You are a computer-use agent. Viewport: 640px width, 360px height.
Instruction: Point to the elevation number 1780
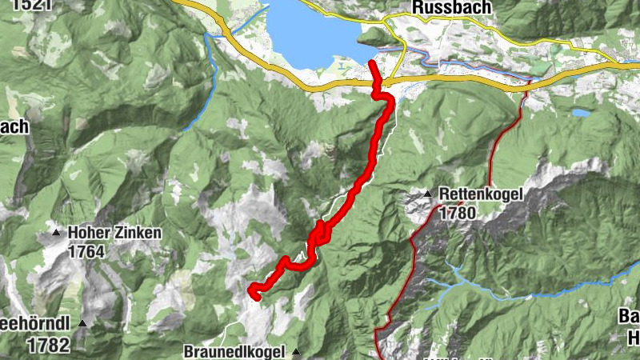click(457, 213)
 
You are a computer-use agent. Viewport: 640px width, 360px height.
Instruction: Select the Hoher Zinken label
click(115, 234)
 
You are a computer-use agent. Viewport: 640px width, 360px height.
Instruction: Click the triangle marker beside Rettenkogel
click(428, 194)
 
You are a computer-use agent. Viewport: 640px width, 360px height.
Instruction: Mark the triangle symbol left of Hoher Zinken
click(56, 234)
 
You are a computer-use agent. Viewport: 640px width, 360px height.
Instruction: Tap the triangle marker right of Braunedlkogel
click(296, 351)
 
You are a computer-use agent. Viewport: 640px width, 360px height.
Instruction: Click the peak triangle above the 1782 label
click(82, 322)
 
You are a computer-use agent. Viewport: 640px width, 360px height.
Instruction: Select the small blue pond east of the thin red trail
click(581, 114)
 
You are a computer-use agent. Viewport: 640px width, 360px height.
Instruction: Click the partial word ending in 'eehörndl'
click(34, 325)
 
